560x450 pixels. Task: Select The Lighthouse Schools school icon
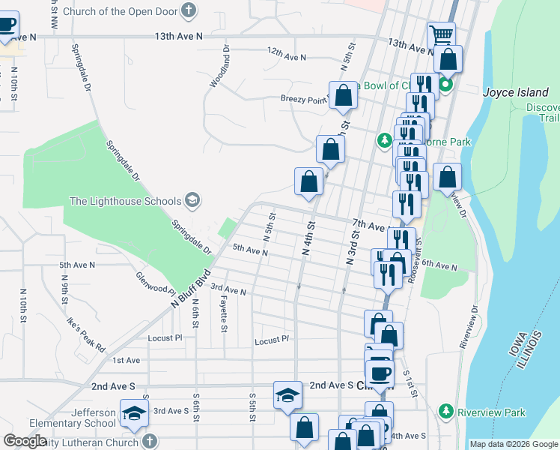pyautogui.click(x=192, y=200)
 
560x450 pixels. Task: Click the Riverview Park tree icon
pyautogui.click(x=446, y=412)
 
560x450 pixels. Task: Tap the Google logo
pyautogui.click(x=25, y=441)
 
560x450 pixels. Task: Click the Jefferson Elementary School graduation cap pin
pyautogui.click(x=135, y=414)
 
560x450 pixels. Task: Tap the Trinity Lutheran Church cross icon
pyautogui.click(x=149, y=441)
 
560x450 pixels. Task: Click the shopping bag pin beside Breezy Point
pyautogui.click(x=343, y=95)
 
